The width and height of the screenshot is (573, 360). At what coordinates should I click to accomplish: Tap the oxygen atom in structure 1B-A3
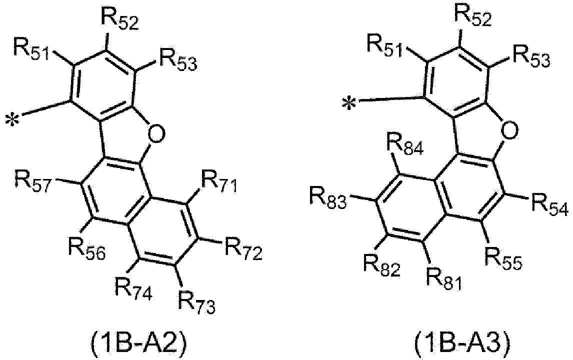tap(508, 129)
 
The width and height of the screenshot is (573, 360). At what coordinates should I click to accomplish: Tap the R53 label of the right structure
tap(530, 56)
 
